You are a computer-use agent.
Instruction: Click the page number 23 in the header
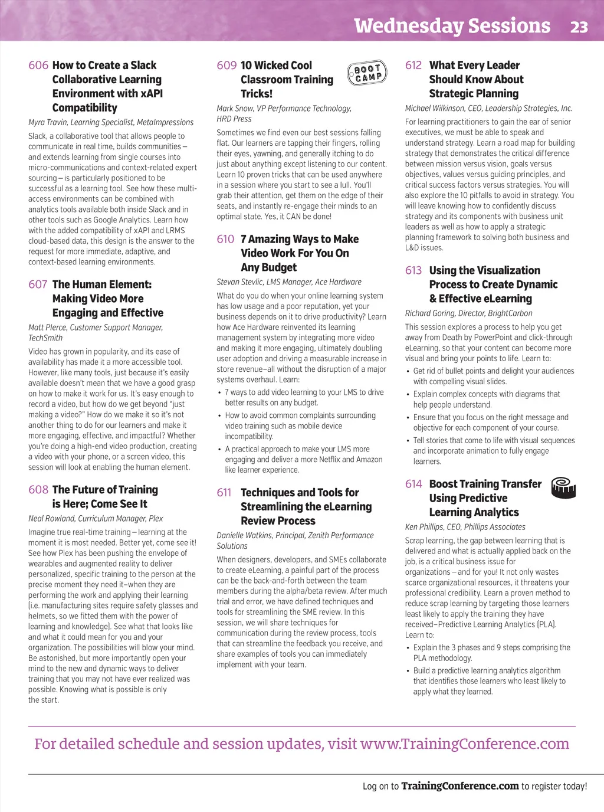point(579,27)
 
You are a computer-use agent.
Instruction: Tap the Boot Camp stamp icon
point(367,73)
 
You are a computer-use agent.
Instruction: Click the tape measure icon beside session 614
point(563,488)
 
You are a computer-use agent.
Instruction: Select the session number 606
point(38,66)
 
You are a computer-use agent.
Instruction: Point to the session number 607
point(38,284)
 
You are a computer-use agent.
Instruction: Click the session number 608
point(38,490)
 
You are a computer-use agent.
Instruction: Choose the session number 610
point(225,239)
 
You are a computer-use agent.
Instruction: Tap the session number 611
point(224,493)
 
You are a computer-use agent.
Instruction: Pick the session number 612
point(413,66)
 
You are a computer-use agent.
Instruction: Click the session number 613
point(413,270)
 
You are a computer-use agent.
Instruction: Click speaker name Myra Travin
point(49,123)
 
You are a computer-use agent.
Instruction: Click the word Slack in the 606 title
point(143,66)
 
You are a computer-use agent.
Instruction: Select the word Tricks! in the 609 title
point(257,94)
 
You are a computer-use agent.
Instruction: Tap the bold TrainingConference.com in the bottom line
point(460,786)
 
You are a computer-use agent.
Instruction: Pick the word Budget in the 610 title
point(278,267)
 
